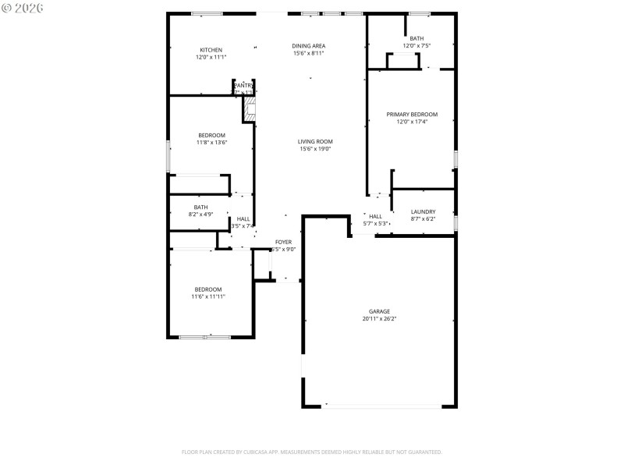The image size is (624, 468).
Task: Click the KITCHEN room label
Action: click(x=211, y=50)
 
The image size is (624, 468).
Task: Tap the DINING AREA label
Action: click(x=309, y=46)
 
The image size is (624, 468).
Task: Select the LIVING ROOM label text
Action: click(x=315, y=141)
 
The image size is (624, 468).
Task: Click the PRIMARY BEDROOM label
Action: click(x=412, y=114)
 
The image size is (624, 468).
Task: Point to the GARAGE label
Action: click(x=379, y=311)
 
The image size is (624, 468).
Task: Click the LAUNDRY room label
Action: click(x=423, y=211)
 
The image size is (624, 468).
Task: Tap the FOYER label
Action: click(x=282, y=242)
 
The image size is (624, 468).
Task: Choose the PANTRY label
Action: click(x=243, y=85)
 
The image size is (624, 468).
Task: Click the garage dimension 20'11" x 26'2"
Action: click(x=379, y=319)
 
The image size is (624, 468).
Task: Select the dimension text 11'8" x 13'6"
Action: click(x=211, y=143)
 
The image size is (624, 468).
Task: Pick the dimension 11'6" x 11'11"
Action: click(x=208, y=296)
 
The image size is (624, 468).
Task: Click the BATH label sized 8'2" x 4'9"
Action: click(x=201, y=207)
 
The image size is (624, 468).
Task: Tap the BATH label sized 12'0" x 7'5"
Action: click(x=417, y=38)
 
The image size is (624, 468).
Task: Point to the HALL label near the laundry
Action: click(x=375, y=216)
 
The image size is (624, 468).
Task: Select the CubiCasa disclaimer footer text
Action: click(x=312, y=452)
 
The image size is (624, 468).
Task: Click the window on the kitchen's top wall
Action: click(x=207, y=13)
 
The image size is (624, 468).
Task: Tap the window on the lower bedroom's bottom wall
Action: click(x=204, y=337)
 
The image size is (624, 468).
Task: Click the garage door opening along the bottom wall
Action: click(x=382, y=406)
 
